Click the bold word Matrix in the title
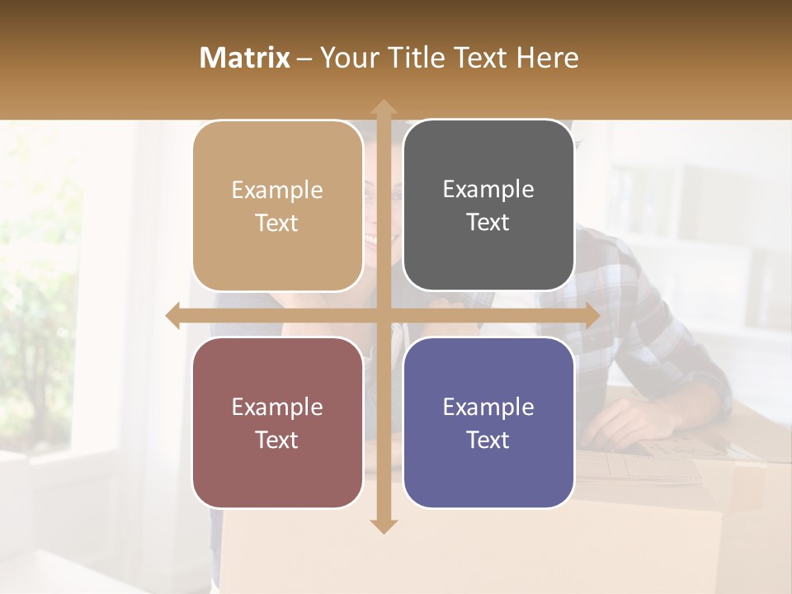tap(244, 58)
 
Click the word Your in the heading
tap(348, 58)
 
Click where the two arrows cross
tap(383, 315)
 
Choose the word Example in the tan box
tap(277, 191)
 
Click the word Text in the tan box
tap(277, 224)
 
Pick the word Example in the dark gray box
tap(488, 190)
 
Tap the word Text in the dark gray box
tap(488, 223)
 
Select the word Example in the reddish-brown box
tap(277, 408)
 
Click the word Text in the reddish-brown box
tap(277, 441)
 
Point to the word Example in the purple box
tap(488, 408)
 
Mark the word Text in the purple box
tap(488, 441)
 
